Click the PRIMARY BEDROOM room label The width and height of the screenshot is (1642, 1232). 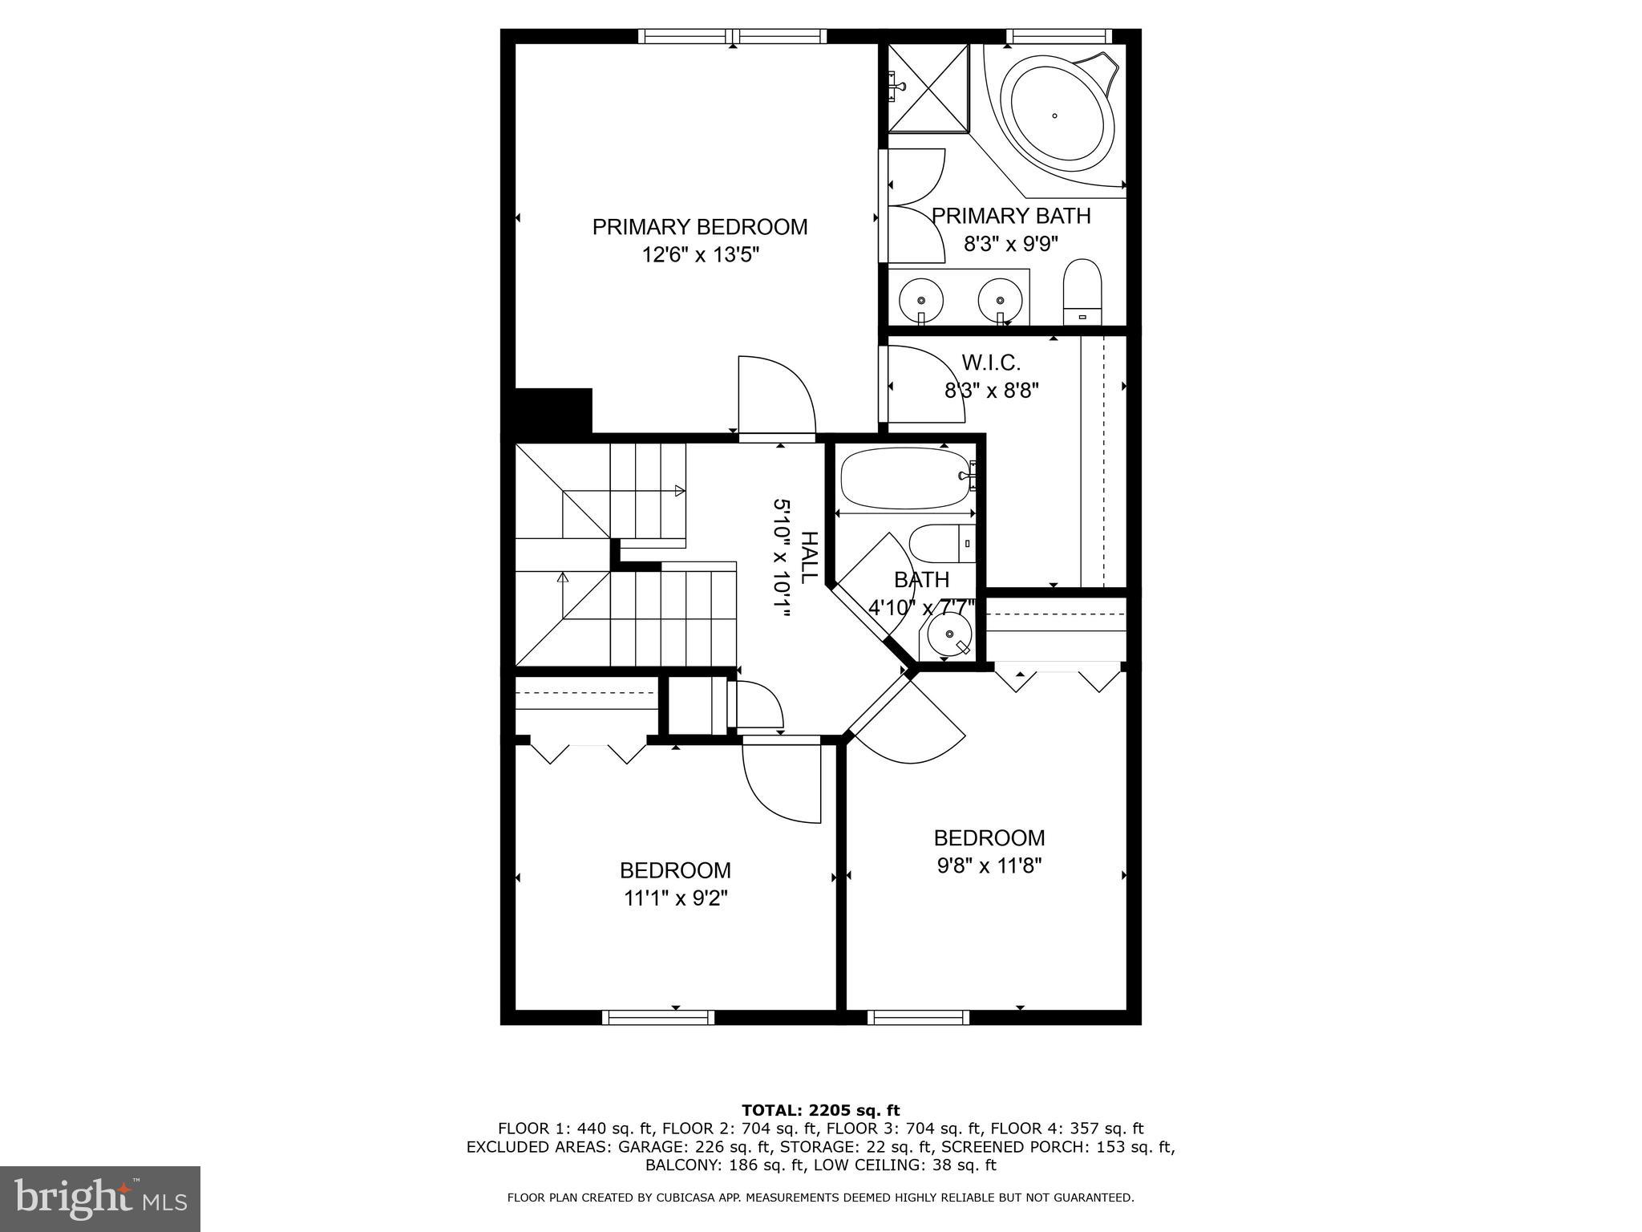699,227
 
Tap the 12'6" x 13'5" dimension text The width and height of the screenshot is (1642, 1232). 699,255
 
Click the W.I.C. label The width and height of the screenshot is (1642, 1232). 991,363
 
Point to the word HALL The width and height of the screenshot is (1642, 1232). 809,557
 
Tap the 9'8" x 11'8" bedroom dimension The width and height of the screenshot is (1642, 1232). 989,866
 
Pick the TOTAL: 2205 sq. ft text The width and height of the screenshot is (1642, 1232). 820,1110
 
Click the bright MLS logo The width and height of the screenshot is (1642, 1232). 100,1198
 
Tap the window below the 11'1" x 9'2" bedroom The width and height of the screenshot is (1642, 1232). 657,1017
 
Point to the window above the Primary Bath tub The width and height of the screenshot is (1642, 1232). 1058,36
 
